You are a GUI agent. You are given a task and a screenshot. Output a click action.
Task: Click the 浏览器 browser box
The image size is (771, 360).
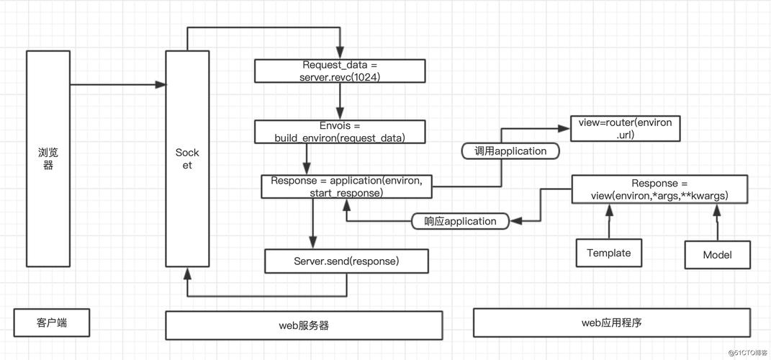(48, 158)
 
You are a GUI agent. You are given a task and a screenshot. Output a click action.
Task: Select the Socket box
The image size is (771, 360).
(187, 159)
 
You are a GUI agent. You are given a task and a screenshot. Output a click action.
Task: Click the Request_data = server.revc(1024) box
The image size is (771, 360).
(340, 71)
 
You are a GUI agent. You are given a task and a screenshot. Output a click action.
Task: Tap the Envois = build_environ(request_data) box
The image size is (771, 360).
(340, 132)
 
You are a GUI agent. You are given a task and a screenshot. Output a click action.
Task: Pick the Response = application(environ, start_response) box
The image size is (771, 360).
(346, 186)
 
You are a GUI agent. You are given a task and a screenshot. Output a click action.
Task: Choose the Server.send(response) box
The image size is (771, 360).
(346, 261)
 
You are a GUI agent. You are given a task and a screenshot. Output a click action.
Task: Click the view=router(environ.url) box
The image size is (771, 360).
(625, 128)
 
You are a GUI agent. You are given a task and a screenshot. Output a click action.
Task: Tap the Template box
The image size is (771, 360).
(608, 253)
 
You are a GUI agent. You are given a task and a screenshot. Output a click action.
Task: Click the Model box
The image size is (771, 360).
(717, 255)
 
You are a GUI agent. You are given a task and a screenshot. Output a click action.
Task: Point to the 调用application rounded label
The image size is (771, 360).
(510, 151)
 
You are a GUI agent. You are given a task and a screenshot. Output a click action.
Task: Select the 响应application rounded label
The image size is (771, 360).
(460, 221)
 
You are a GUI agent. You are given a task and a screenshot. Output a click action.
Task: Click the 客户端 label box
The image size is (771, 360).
(52, 323)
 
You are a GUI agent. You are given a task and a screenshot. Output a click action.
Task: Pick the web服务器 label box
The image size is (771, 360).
(304, 325)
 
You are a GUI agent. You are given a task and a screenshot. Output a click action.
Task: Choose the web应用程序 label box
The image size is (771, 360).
(611, 323)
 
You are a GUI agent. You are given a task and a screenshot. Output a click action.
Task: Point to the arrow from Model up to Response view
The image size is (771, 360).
(716, 222)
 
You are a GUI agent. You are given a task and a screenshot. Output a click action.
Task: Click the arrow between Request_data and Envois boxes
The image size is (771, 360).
(309, 102)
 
